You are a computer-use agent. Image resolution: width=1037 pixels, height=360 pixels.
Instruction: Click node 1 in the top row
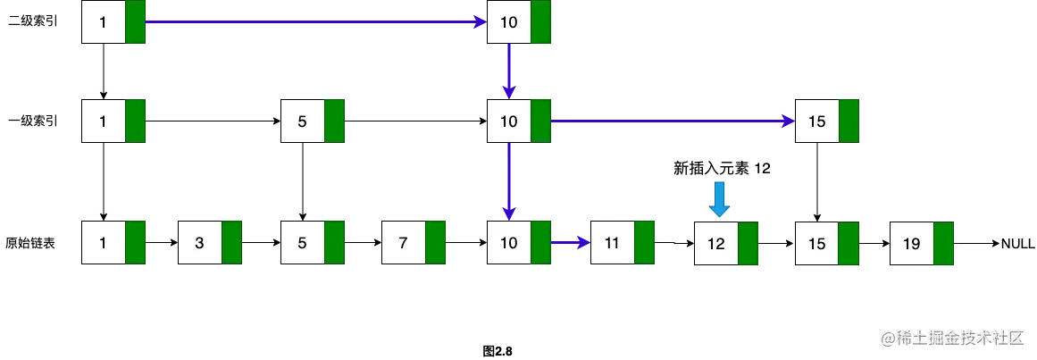tap(113, 22)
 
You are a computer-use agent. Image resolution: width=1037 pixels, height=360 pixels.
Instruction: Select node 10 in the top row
tap(518, 22)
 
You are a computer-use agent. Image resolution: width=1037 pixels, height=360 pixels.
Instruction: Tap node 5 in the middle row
tap(312, 121)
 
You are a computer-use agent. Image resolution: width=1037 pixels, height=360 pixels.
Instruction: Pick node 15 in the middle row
tap(826, 121)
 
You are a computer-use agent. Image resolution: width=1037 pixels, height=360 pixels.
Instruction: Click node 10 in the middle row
tap(518, 121)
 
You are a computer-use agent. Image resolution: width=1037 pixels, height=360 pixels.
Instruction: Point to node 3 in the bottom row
tap(210, 243)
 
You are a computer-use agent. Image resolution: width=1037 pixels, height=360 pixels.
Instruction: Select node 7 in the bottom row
tap(413, 243)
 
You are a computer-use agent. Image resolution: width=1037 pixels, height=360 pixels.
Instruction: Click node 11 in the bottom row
tap(622, 243)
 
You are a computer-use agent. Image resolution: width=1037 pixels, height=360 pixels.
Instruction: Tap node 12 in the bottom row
tap(725, 243)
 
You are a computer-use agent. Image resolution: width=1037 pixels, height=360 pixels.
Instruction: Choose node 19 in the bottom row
tap(921, 243)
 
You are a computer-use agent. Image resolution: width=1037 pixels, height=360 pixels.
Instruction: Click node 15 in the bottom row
tap(826, 243)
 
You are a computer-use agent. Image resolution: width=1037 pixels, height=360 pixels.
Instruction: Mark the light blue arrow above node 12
tap(720, 198)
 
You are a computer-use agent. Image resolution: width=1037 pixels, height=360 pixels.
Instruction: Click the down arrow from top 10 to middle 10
tap(509, 71)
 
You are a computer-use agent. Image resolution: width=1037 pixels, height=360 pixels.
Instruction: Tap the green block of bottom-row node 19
tap(943, 243)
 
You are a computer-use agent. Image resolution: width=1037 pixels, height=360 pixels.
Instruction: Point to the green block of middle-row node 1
tap(135, 121)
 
